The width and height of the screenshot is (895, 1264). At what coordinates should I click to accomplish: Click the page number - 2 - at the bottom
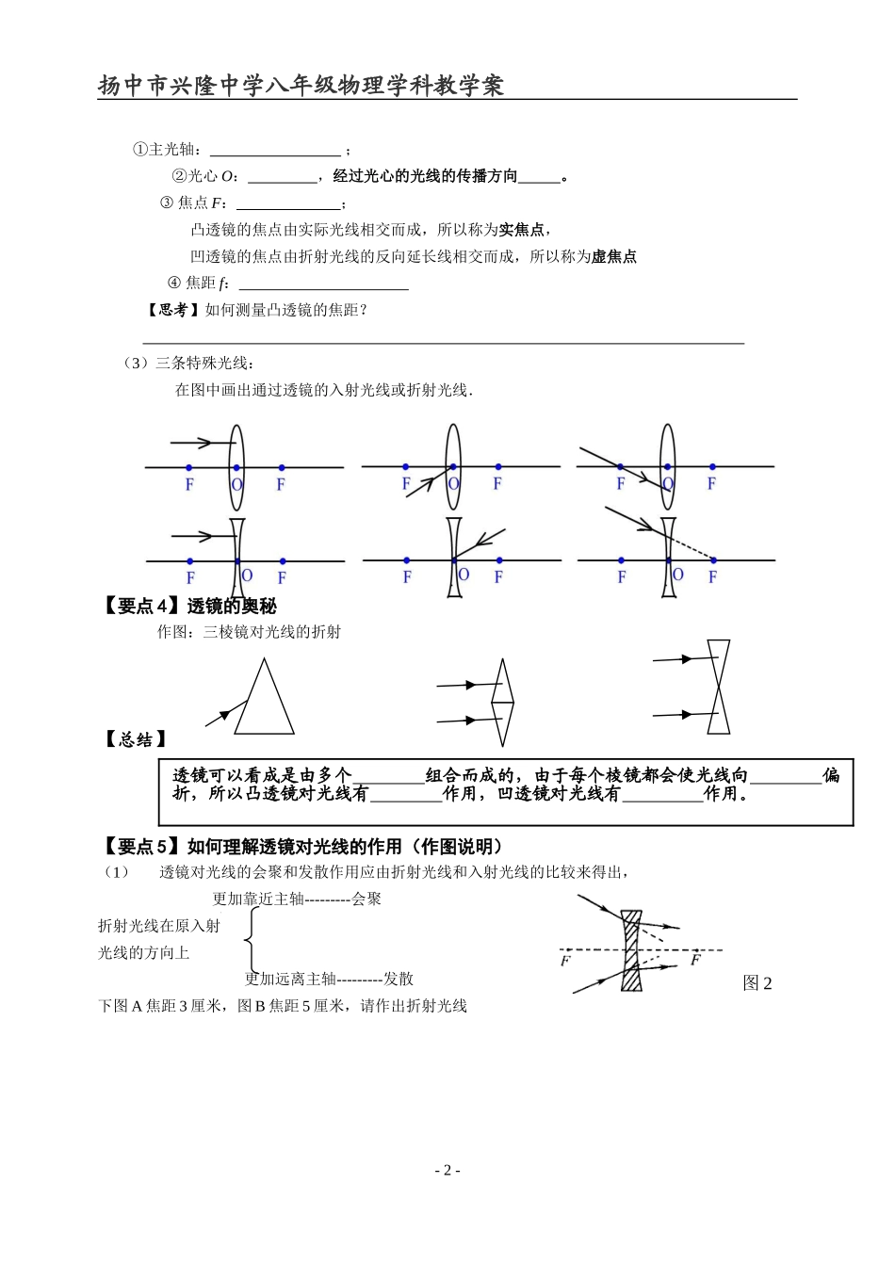tap(447, 1170)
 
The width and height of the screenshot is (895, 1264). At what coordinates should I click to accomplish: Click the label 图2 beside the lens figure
tap(757, 983)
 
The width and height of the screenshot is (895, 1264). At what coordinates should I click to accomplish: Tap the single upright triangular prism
tap(264, 698)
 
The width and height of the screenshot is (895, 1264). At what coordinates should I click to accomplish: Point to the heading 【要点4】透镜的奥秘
tap(190, 606)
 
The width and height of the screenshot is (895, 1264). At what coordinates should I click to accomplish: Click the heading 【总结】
tap(135, 739)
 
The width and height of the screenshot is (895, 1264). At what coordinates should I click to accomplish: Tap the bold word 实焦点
tap(521, 229)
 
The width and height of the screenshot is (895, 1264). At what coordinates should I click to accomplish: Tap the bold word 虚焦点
tap(613, 256)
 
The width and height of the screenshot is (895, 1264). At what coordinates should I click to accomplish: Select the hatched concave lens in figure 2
tap(631, 949)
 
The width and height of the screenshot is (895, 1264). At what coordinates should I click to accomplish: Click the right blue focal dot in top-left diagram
tap(281, 467)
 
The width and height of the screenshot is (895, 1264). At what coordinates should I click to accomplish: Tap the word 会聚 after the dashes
tap(366, 899)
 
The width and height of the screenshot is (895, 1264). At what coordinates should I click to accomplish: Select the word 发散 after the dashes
tap(399, 979)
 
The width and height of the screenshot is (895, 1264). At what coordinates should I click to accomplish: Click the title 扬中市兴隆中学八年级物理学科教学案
tap(301, 86)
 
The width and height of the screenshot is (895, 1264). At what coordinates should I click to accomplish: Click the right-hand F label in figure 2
tap(695, 960)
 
